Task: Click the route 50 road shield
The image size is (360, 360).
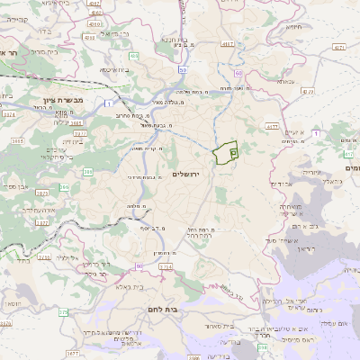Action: click(183, 69)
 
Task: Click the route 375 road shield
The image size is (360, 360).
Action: click(63, 312)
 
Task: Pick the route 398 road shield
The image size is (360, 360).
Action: click(263, 346)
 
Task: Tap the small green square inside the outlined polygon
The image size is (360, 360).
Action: click(232, 154)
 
